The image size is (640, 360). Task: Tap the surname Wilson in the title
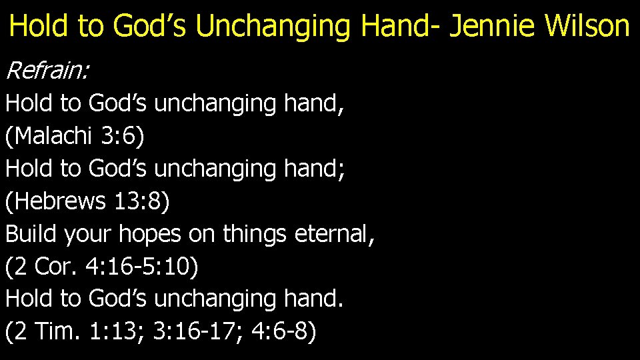pyautogui.click(x=587, y=27)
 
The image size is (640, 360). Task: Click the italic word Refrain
pyautogui.click(x=46, y=69)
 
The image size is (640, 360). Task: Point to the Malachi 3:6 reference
pyautogui.click(x=74, y=136)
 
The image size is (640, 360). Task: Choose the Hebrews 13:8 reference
pyautogui.click(x=87, y=201)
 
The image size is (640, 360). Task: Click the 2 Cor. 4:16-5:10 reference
pyautogui.click(x=101, y=267)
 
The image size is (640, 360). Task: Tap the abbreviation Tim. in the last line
pyautogui.click(x=62, y=332)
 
